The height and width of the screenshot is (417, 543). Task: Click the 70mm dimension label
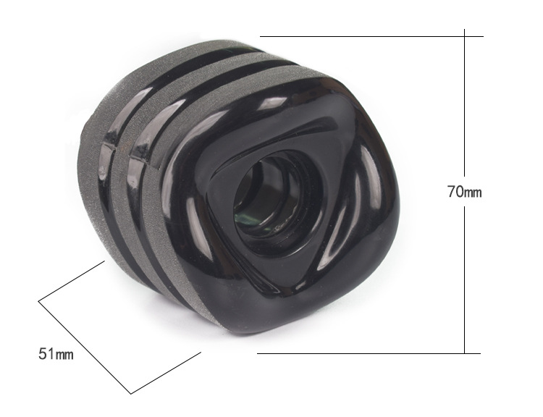[x=464, y=192]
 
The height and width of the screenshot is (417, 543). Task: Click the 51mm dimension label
[x=56, y=353]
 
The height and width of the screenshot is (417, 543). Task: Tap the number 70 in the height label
[x=455, y=192]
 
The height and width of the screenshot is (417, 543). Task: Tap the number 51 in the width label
[x=46, y=353]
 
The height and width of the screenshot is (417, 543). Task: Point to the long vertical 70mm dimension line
[x=464, y=191]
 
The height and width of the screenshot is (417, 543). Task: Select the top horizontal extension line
[x=371, y=36]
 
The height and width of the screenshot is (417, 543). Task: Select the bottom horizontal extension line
[x=369, y=353]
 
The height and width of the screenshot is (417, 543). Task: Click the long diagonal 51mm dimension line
[x=85, y=347]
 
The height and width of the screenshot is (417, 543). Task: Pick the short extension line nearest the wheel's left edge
[x=72, y=281]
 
